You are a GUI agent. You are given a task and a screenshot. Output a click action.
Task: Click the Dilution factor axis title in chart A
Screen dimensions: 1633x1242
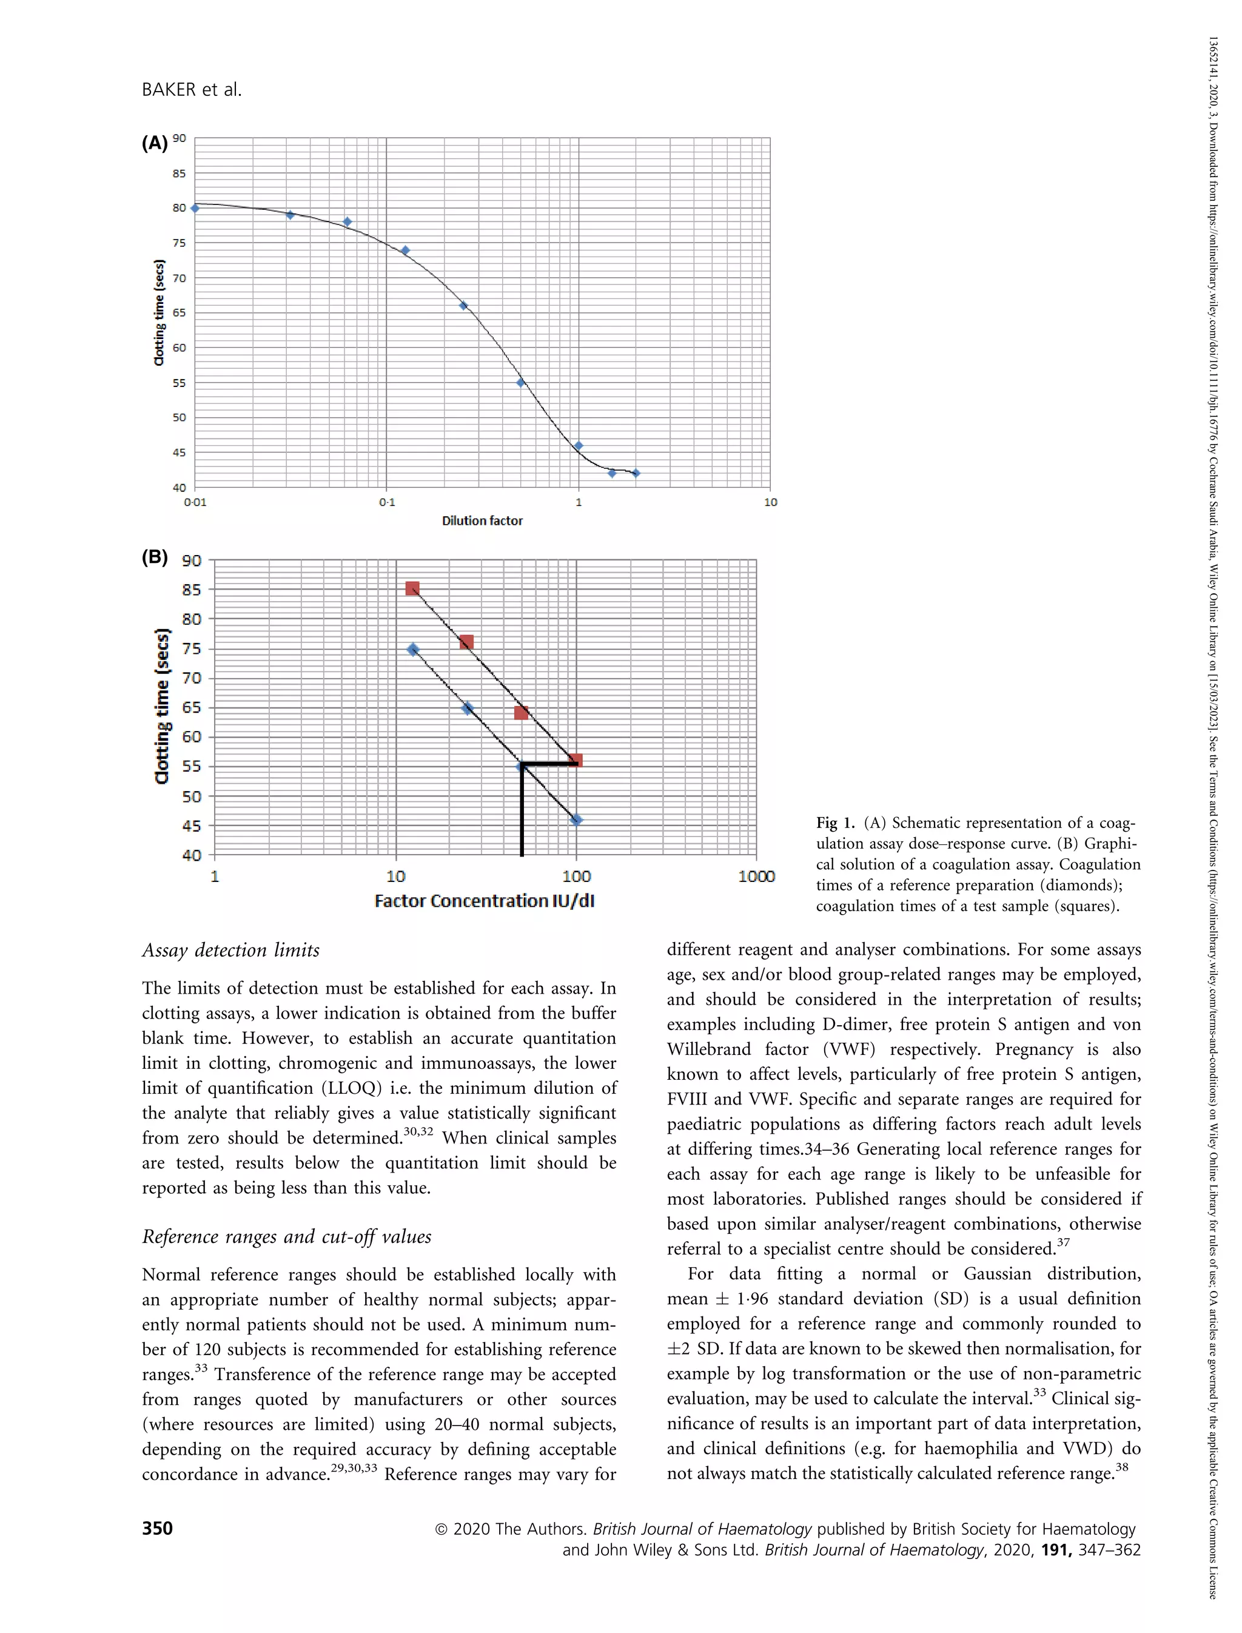click(482, 520)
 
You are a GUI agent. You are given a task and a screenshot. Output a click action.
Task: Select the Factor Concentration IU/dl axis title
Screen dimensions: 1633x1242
click(484, 901)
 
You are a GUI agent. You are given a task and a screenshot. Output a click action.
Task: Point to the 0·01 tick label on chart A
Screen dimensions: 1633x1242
click(195, 502)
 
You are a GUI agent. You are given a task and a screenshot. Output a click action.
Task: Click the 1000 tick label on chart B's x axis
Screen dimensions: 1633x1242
click(756, 877)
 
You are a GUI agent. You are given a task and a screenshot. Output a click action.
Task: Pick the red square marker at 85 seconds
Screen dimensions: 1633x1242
click(412, 588)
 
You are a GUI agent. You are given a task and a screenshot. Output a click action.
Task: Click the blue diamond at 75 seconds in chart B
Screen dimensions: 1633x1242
click(412, 649)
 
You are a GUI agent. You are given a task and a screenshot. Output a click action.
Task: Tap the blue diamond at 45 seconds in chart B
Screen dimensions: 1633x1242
click(577, 820)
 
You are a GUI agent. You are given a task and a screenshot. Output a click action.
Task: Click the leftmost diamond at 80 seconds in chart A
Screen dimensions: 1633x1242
click(195, 209)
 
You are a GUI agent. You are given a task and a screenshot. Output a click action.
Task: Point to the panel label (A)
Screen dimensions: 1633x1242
click(155, 144)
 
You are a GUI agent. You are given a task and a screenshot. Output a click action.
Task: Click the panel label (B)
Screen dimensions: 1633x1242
click(155, 557)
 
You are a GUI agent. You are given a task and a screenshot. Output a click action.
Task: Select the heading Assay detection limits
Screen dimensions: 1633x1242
click(230, 951)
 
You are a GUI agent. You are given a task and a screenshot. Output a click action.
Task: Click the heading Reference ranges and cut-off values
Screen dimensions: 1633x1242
click(287, 1237)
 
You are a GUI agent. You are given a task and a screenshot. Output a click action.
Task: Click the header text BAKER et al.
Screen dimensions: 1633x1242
click(192, 90)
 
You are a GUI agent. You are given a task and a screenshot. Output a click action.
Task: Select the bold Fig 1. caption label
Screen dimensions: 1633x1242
click(836, 823)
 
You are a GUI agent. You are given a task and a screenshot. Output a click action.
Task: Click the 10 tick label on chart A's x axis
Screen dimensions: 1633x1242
click(770, 502)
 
